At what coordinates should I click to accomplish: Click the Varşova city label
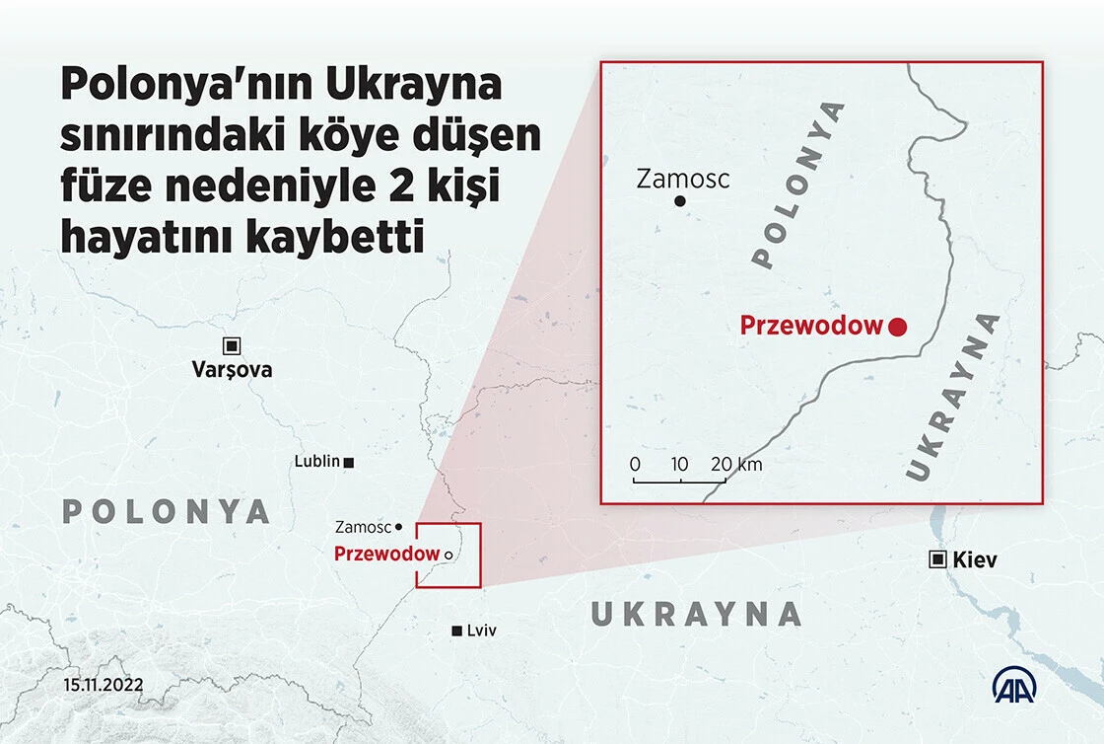coord(232,370)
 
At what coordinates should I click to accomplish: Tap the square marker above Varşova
coord(232,345)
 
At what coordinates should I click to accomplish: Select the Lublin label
coord(316,461)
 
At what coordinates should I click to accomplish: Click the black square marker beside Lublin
coord(349,462)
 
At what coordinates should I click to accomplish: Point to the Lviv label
coord(481,631)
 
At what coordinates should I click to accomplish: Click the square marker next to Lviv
coord(455,631)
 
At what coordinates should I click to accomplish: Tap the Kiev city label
coord(975,560)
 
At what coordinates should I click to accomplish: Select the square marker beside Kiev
coord(937,559)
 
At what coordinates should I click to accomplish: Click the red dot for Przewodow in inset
coord(897,327)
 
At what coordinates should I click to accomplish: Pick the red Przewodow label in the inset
coord(810,326)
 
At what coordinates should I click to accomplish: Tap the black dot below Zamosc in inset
coord(679,201)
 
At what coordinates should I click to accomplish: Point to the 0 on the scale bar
coord(635,464)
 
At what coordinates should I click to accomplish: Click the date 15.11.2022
coord(104,684)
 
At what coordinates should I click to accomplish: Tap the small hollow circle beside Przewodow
coord(448,556)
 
